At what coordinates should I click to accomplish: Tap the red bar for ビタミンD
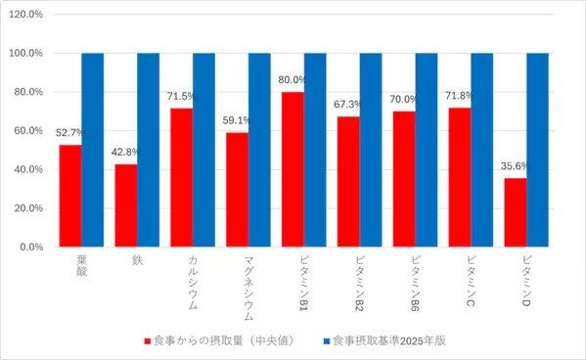515,212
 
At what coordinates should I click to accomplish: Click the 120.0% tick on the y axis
28,15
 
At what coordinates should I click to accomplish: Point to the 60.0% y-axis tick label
30,131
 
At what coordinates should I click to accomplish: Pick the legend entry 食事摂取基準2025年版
389,340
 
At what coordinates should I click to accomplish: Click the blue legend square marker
324,340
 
